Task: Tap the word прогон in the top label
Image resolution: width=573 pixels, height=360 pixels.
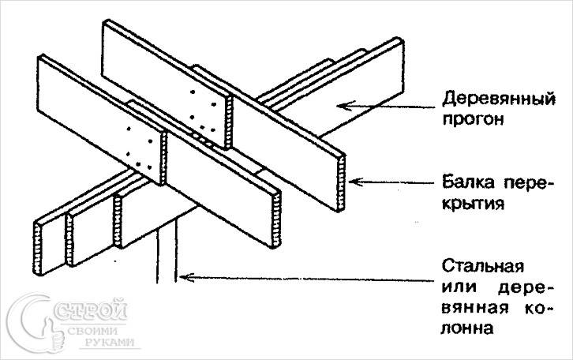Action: pos(470,121)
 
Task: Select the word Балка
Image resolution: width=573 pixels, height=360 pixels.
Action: pos(464,184)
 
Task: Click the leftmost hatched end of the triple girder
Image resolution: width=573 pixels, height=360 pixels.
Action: pos(39,246)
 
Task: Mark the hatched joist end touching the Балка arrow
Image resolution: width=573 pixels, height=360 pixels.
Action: pos(343,182)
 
